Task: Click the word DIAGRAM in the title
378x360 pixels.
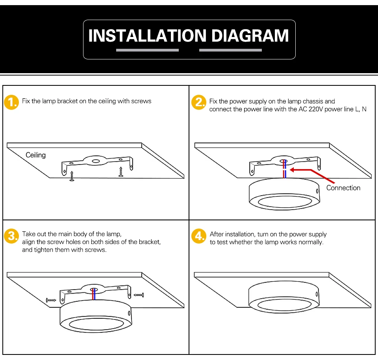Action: click(x=250, y=36)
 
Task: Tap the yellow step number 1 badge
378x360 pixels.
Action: click(x=11, y=103)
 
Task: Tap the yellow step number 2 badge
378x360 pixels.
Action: click(x=198, y=103)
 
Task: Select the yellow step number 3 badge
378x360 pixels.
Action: click(x=11, y=236)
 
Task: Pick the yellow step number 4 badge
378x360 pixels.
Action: click(x=198, y=236)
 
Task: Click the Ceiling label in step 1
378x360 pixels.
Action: click(x=35, y=155)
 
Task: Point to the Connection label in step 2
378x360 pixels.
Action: click(x=343, y=188)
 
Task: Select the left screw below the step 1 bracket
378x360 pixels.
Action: click(x=72, y=176)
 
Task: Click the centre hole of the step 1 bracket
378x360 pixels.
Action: click(x=96, y=161)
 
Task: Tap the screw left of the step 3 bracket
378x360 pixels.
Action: click(x=52, y=300)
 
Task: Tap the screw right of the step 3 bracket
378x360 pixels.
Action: click(x=139, y=295)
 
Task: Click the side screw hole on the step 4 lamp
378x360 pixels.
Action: click(x=317, y=294)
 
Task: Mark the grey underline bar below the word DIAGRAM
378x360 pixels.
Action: click(x=230, y=50)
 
